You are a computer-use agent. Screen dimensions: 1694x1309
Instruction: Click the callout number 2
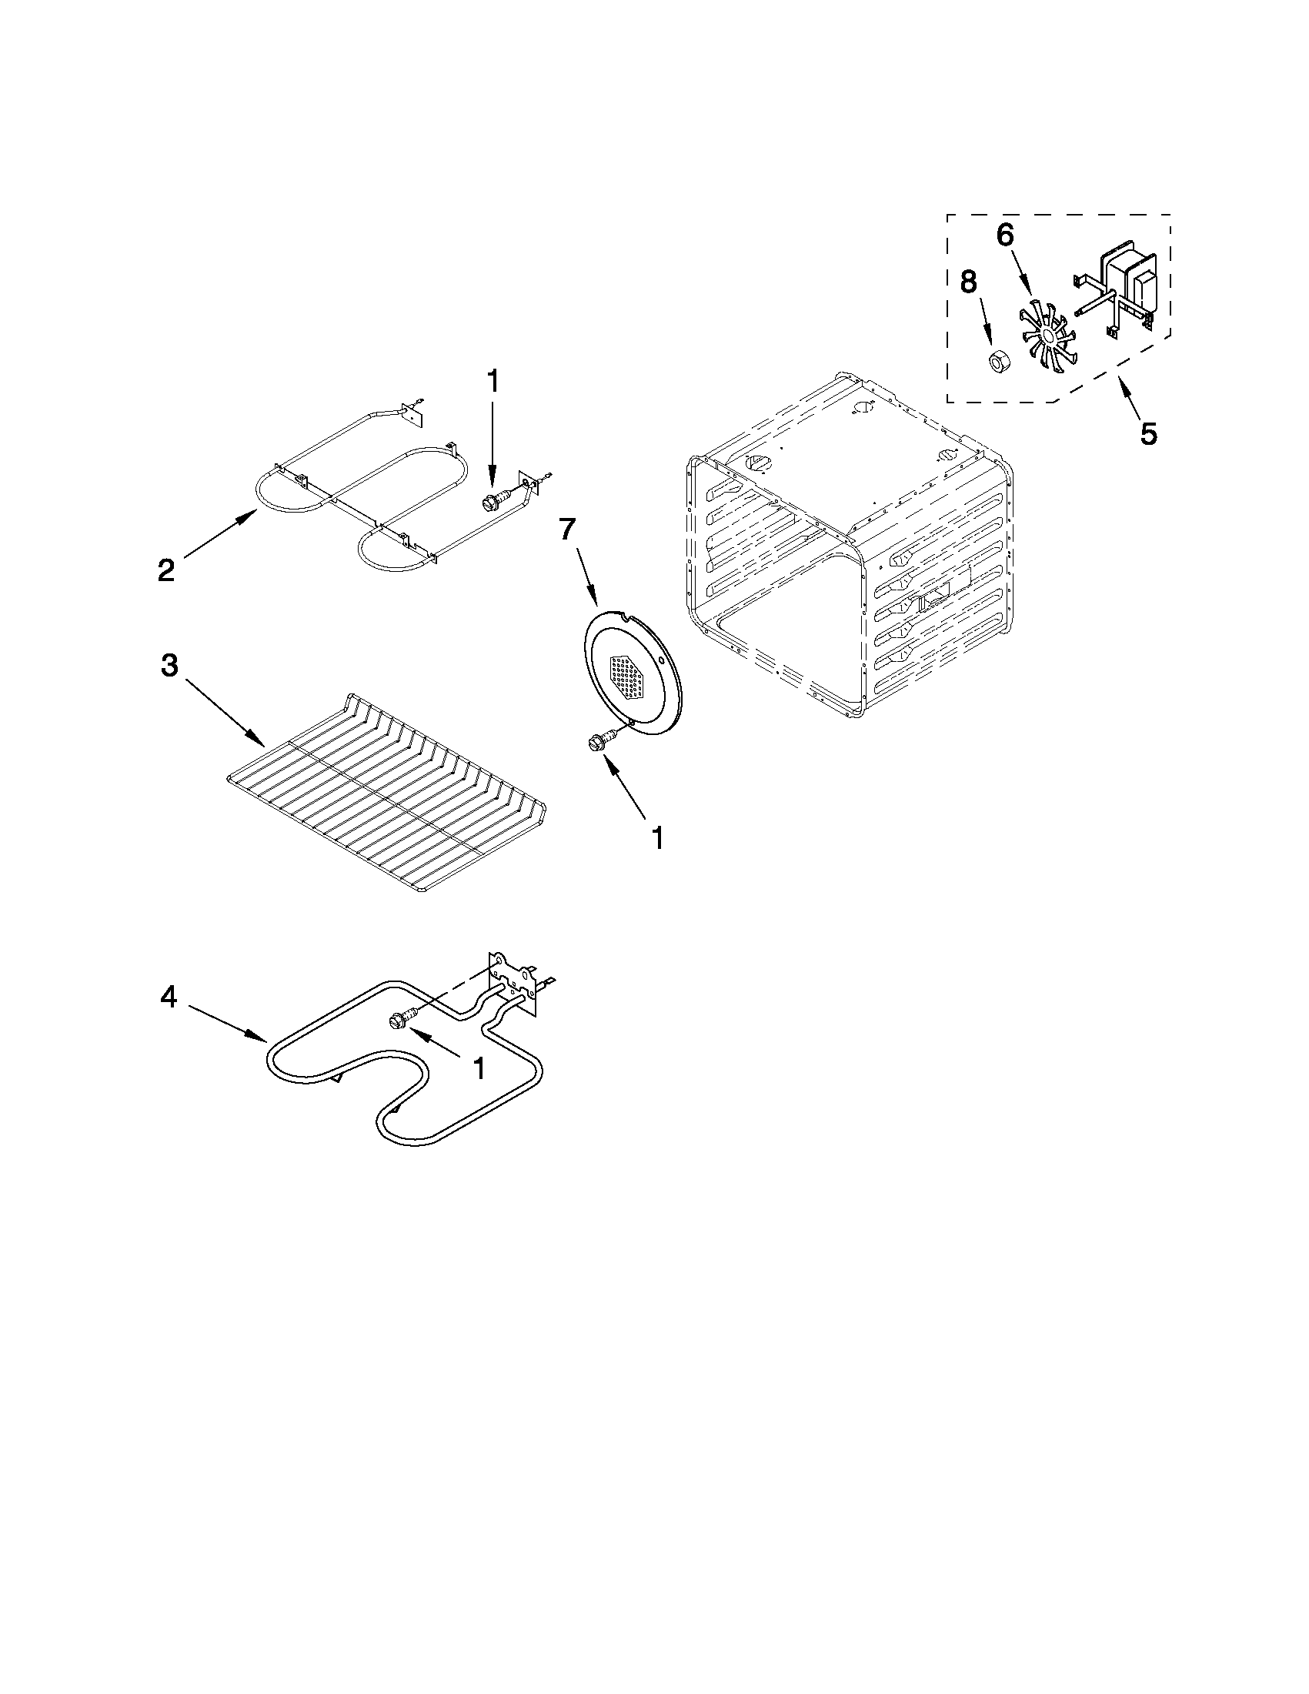[166, 571]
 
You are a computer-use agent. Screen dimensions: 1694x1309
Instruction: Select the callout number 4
[169, 997]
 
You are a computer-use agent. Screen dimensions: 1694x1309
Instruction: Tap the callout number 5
[1148, 433]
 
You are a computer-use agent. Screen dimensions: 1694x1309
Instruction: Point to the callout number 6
[1004, 233]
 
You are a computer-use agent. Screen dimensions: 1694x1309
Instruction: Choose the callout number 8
[969, 282]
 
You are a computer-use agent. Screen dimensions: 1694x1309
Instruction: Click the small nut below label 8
[999, 362]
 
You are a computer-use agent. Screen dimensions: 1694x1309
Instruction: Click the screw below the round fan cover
[599, 742]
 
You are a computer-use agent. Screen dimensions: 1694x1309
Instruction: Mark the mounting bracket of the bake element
[513, 981]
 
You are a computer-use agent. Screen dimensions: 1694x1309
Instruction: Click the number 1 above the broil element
[493, 383]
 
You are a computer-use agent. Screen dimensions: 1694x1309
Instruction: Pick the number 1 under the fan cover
[657, 838]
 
